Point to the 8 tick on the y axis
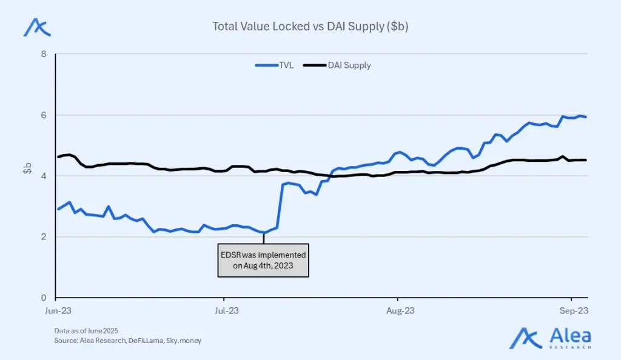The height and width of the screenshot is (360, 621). pyautogui.click(x=44, y=54)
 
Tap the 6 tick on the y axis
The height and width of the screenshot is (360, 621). pyautogui.click(x=44, y=115)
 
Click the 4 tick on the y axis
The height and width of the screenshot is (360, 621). pyautogui.click(x=44, y=176)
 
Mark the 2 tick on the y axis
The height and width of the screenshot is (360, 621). pyautogui.click(x=44, y=237)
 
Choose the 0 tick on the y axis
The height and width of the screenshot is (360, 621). pyautogui.click(x=44, y=298)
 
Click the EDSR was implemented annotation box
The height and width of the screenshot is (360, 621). pyautogui.click(x=263, y=260)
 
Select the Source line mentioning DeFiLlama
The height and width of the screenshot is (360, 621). pyautogui.click(x=127, y=341)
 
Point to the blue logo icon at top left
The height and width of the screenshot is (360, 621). pyautogui.click(x=36, y=27)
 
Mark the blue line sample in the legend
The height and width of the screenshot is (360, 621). pyautogui.click(x=266, y=65)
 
